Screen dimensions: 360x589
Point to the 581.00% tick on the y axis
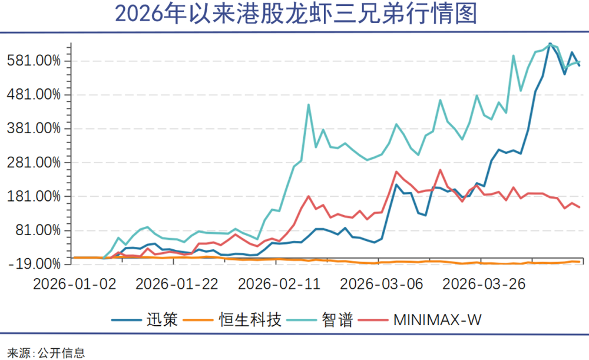[x=37, y=61]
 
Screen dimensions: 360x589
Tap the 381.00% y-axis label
[x=37, y=128]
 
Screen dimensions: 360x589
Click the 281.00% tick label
[x=37, y=162]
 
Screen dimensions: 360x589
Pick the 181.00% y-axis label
[x=37, y=196]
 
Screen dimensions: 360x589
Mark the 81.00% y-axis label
[x=39, y=230]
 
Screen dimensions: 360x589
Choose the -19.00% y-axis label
[x=37, y=263]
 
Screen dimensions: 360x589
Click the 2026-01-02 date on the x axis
[x=74, y=283]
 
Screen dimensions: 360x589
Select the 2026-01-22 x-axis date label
[x=177, y=283]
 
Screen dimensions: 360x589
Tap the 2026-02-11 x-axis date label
[x=279, y=283]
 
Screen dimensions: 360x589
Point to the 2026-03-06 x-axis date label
[x=382, y=283]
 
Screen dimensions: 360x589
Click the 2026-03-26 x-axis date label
[x=484, y=283]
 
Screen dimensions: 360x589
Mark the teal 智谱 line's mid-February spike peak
[x=309, y=105]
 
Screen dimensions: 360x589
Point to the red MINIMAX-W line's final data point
[x=580, y=207]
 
